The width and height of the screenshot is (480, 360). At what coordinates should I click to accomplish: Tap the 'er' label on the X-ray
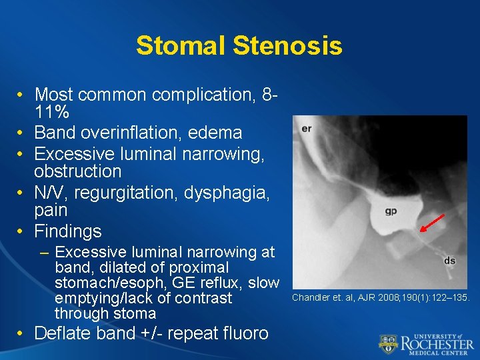pyautogui.click(x=307, y=128)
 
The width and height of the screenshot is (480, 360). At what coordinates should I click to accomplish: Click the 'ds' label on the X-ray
pyautogui.click(x=450, y=261)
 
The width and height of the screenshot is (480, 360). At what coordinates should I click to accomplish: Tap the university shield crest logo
pyautogui.click(x=389, y=343)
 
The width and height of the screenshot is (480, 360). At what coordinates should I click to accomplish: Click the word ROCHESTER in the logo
pyautogui.click(x=437, y=344)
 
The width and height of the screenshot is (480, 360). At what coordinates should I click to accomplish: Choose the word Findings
pyautogui.click(x=68, y=231)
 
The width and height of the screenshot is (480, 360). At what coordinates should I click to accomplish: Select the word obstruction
pyautogui.click(x=78, y=171)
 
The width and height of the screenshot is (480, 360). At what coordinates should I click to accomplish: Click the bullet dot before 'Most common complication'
pyautogui.click(x=22, y=95)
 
